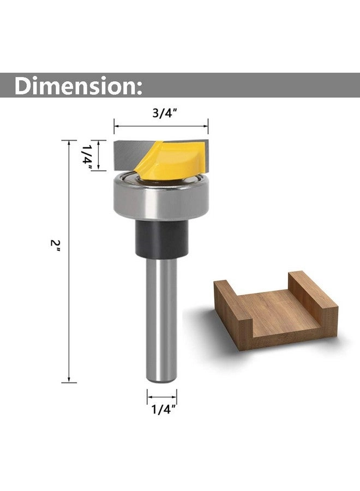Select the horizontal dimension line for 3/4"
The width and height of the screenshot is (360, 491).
161,127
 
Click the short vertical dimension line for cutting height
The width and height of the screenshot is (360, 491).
99,155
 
